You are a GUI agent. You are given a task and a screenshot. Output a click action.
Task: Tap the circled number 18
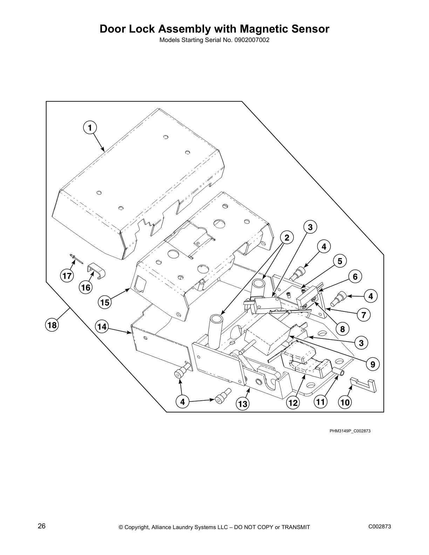coord(52,325)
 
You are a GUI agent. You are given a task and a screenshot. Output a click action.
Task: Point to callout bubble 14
coord(102,327)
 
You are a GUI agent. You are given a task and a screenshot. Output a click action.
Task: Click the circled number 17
coord(67,276)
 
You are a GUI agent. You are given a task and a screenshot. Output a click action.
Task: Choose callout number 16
coord(85,288)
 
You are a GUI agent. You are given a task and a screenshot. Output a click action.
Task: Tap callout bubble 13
coord(243,404)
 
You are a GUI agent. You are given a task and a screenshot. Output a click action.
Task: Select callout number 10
coord(345,403)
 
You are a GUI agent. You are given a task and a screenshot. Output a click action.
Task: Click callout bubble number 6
coord(355,277)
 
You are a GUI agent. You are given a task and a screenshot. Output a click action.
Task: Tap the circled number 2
coord(287,238)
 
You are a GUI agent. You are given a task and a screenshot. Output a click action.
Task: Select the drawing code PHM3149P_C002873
coord(350,431)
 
